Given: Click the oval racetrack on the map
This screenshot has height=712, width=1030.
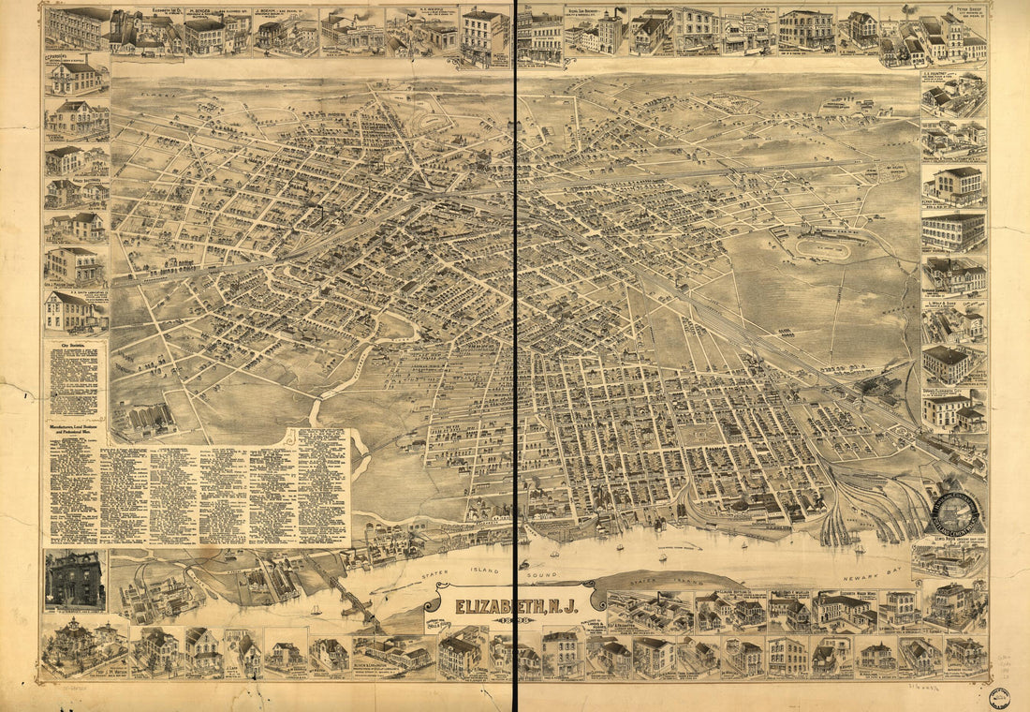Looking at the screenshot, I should pos(824,249).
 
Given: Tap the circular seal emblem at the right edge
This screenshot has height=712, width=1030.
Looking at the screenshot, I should pos(953,512).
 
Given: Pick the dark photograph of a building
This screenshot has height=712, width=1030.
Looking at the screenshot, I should pos(75,581).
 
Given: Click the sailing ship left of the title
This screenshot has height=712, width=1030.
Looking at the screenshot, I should pos(315,609).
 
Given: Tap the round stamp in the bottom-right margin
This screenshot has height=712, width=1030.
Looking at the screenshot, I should pos(999,695).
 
